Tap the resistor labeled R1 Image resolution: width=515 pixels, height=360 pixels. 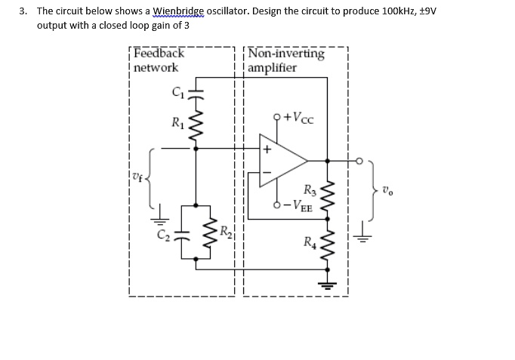(196, 123)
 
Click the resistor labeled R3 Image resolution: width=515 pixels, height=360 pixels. (326, 195)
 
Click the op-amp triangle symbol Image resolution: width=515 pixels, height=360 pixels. (282, 160)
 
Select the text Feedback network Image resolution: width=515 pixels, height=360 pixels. (158, 60)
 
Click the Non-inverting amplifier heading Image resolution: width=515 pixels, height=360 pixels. (285, 60)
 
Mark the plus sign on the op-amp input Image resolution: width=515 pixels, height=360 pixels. (267, 149)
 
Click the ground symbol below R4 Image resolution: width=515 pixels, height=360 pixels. (326, 285)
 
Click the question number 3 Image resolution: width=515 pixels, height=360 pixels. (23, 11)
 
